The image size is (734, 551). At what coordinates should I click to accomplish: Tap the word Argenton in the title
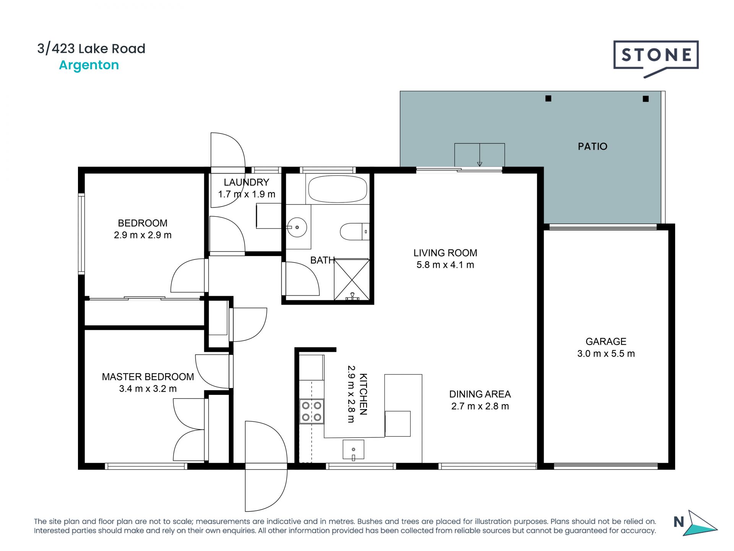pos(89,65)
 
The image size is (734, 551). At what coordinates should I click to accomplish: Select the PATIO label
pos(592,146)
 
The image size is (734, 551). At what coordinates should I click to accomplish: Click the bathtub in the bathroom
pos(338,189)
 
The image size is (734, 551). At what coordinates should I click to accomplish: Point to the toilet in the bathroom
pos(355,231)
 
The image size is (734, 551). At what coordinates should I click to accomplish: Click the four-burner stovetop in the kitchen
pos(312,411)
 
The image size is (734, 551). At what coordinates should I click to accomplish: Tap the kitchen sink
pos(353,449)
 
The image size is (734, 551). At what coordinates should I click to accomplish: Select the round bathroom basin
pos(297,227)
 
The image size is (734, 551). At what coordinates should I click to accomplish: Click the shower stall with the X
pos(352,279)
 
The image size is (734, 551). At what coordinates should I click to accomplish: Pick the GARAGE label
pos(606,341)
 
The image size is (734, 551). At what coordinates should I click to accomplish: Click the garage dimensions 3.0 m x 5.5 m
pos(606,354)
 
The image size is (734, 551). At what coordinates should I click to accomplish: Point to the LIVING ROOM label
pos(445,253)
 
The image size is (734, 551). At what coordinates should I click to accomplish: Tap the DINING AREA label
pos(480,394)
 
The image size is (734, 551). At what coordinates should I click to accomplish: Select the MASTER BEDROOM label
pos(148,377)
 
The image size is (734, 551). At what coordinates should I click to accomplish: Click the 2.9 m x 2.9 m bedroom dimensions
pos(143,235)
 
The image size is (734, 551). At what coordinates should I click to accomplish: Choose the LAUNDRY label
pos(247,182)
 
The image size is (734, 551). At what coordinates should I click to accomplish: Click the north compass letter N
pos(679,522)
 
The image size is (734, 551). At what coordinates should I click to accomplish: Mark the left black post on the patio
pos(548,98)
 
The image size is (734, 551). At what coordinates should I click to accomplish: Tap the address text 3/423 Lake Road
pos(91,49)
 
